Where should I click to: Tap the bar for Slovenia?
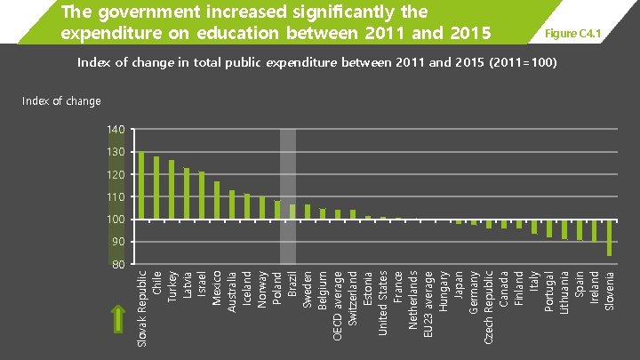609,237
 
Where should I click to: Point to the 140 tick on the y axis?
116,130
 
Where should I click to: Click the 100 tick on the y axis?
116,220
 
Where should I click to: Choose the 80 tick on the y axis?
116,264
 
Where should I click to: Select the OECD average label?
338,306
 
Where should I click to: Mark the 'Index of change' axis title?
61,101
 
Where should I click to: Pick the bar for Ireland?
595,230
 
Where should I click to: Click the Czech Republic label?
488,307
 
